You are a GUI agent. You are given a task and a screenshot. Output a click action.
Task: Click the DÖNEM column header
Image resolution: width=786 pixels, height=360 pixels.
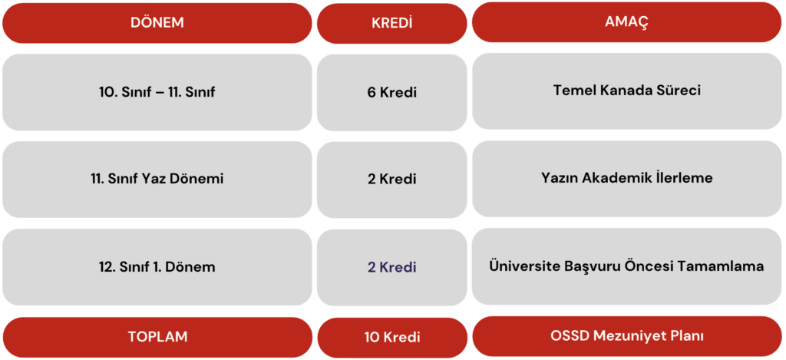[157, 23]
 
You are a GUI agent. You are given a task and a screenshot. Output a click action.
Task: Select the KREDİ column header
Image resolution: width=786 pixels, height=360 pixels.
[392, 24]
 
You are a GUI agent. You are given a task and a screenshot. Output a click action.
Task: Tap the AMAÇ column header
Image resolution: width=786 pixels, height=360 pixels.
[626, 22]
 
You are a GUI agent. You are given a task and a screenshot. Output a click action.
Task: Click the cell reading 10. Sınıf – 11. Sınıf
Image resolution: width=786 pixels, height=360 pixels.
[157, 92]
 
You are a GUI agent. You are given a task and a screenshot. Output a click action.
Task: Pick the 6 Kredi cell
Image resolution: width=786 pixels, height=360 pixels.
[392, 93]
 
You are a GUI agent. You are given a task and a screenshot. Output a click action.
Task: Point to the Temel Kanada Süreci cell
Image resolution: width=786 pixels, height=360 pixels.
[626, 91]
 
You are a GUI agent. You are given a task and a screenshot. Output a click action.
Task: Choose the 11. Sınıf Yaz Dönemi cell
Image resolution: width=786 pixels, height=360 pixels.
[157, 180]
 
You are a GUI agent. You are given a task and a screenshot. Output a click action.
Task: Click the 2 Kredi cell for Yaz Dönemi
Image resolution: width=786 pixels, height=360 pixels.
[392, 180]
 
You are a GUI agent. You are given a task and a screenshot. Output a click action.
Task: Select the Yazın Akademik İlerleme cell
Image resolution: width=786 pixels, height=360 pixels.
[626, 179]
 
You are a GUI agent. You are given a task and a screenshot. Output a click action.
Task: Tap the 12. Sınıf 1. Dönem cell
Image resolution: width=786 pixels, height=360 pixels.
[157, 267]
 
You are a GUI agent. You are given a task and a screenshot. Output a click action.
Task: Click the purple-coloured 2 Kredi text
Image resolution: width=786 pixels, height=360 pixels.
[392, 268]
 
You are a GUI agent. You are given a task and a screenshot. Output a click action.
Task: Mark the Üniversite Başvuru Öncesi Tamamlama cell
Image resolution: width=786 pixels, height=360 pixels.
[626, 266]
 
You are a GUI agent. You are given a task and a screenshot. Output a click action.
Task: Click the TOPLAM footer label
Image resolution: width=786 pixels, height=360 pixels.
[157, 336]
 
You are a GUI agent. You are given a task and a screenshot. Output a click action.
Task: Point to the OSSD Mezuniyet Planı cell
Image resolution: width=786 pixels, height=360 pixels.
[626, 336]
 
